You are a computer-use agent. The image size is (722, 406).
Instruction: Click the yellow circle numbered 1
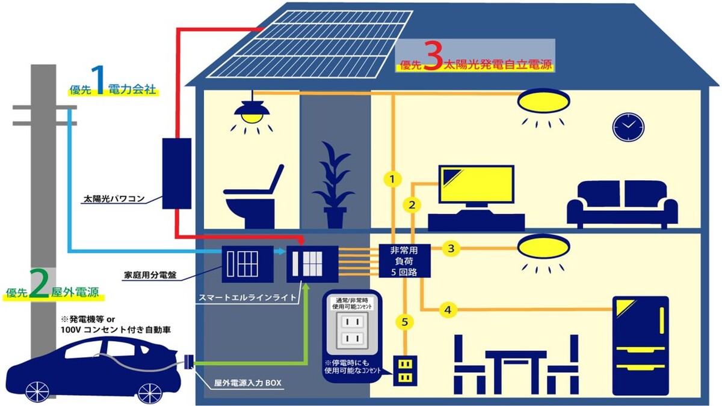pyautogui.click(x=392, y=179)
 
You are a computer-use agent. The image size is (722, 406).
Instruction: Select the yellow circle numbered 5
pyautogui.click(x=405, y=323)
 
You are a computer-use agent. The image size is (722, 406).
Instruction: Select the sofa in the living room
pyautogui.click(x=622, y=204)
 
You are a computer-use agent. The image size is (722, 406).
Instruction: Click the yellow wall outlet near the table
pyautogui.click(x=406, y=371)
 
